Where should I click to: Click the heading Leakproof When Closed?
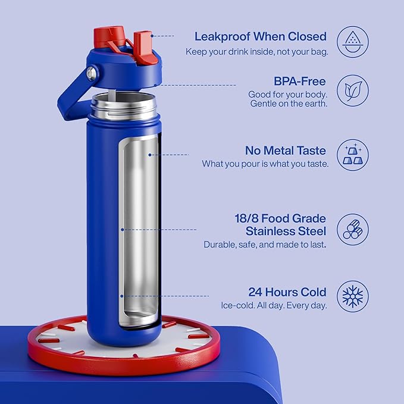[261, 36]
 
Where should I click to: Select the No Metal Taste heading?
[286, 150]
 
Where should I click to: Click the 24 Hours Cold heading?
[287, 292]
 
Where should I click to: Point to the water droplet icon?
[352, 40]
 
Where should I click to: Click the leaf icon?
[352, 90]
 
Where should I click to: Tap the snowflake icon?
[352, 296]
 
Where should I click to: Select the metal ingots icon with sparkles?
[352, 155]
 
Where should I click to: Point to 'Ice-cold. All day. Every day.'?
[274, 306]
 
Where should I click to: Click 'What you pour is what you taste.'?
[265, 164]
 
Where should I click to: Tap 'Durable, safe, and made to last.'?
[265, 245]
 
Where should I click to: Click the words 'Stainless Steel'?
[286, 231]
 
